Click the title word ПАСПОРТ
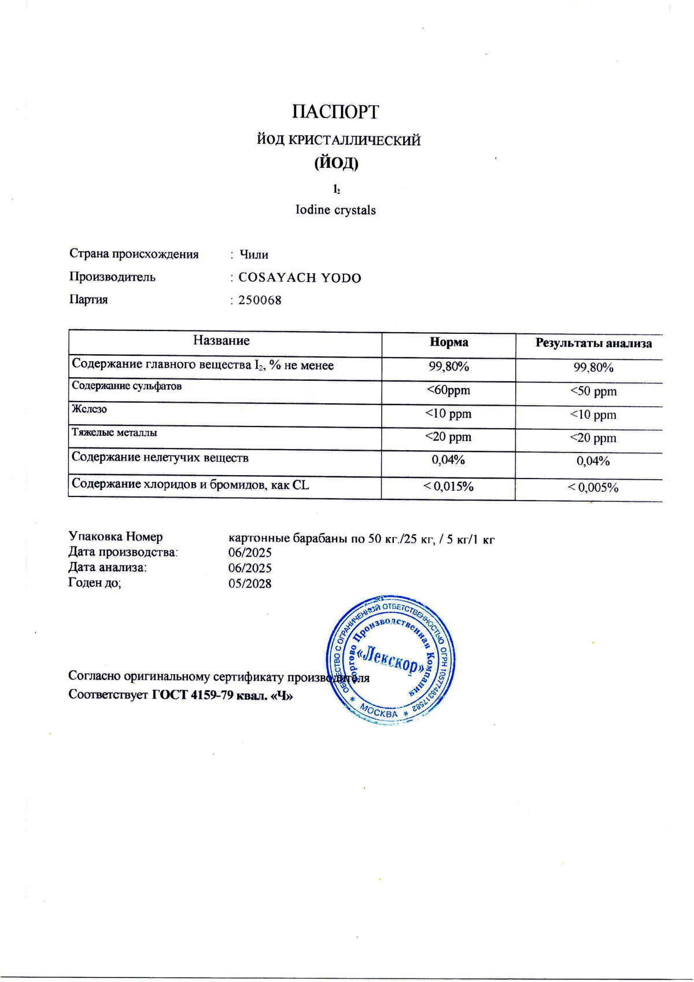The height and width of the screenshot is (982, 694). coord(335,112)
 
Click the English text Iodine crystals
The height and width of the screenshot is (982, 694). coord(335,210)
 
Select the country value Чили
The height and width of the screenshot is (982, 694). coord(254,255)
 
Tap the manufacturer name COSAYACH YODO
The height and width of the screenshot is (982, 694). coord(300,278)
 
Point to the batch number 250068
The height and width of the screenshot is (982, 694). coord(260,300)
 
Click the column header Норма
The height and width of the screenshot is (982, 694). coord(449,343)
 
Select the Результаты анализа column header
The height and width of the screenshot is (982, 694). coord(593,344)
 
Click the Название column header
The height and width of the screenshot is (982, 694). coord(222,341)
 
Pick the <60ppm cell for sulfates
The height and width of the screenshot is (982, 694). coord(448,391)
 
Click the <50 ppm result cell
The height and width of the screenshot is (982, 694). coord(594,392)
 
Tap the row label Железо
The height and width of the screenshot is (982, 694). coord(90,409)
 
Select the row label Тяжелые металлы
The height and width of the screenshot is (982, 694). coord(115,432)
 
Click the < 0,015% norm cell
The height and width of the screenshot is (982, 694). coord(449,487)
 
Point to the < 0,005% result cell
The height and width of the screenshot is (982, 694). coord(594,488)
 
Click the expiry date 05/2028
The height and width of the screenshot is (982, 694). coord(250,583)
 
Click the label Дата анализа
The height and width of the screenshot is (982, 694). coord(108,568)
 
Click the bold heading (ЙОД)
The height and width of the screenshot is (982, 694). coord(336,164)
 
